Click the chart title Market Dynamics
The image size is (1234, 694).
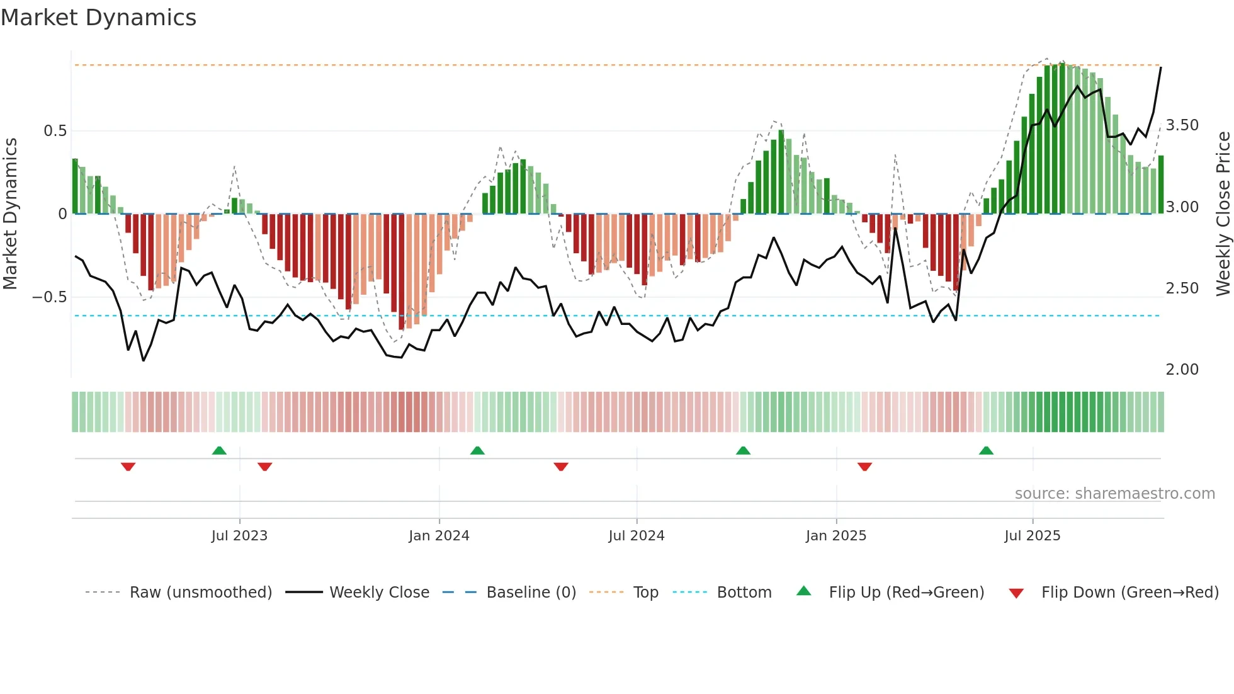pos(98,18)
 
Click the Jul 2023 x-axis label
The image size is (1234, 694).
pos(239,536)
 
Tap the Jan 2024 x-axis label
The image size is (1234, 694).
pos(439,536)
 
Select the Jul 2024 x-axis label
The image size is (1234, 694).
pos(636,536)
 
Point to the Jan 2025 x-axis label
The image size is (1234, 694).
pos(835,536)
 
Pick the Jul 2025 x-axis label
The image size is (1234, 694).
pos(1032,536)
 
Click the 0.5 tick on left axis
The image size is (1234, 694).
pos(55,131)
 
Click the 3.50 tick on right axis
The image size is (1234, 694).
pos(1182,125)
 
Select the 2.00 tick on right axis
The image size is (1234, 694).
pos(1182,370)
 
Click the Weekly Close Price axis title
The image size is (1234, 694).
pos(1223,214)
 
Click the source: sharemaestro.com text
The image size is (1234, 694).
pos(1114,494)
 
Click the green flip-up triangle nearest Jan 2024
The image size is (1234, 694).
pos(477,451)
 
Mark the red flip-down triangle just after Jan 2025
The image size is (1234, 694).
pos(864,467)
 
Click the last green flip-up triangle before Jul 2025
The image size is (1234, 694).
pos(986,451)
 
